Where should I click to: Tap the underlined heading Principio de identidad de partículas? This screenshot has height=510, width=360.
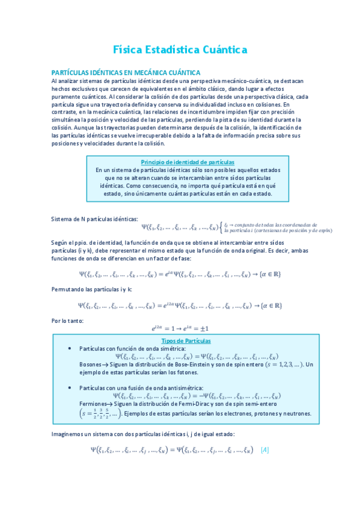tap(188, 162)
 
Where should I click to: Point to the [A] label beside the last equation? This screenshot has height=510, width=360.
tap(266, 449)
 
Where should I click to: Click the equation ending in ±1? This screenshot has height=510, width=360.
tap(180, 329)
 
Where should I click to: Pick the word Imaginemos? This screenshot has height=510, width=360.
tap(69, 434)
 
